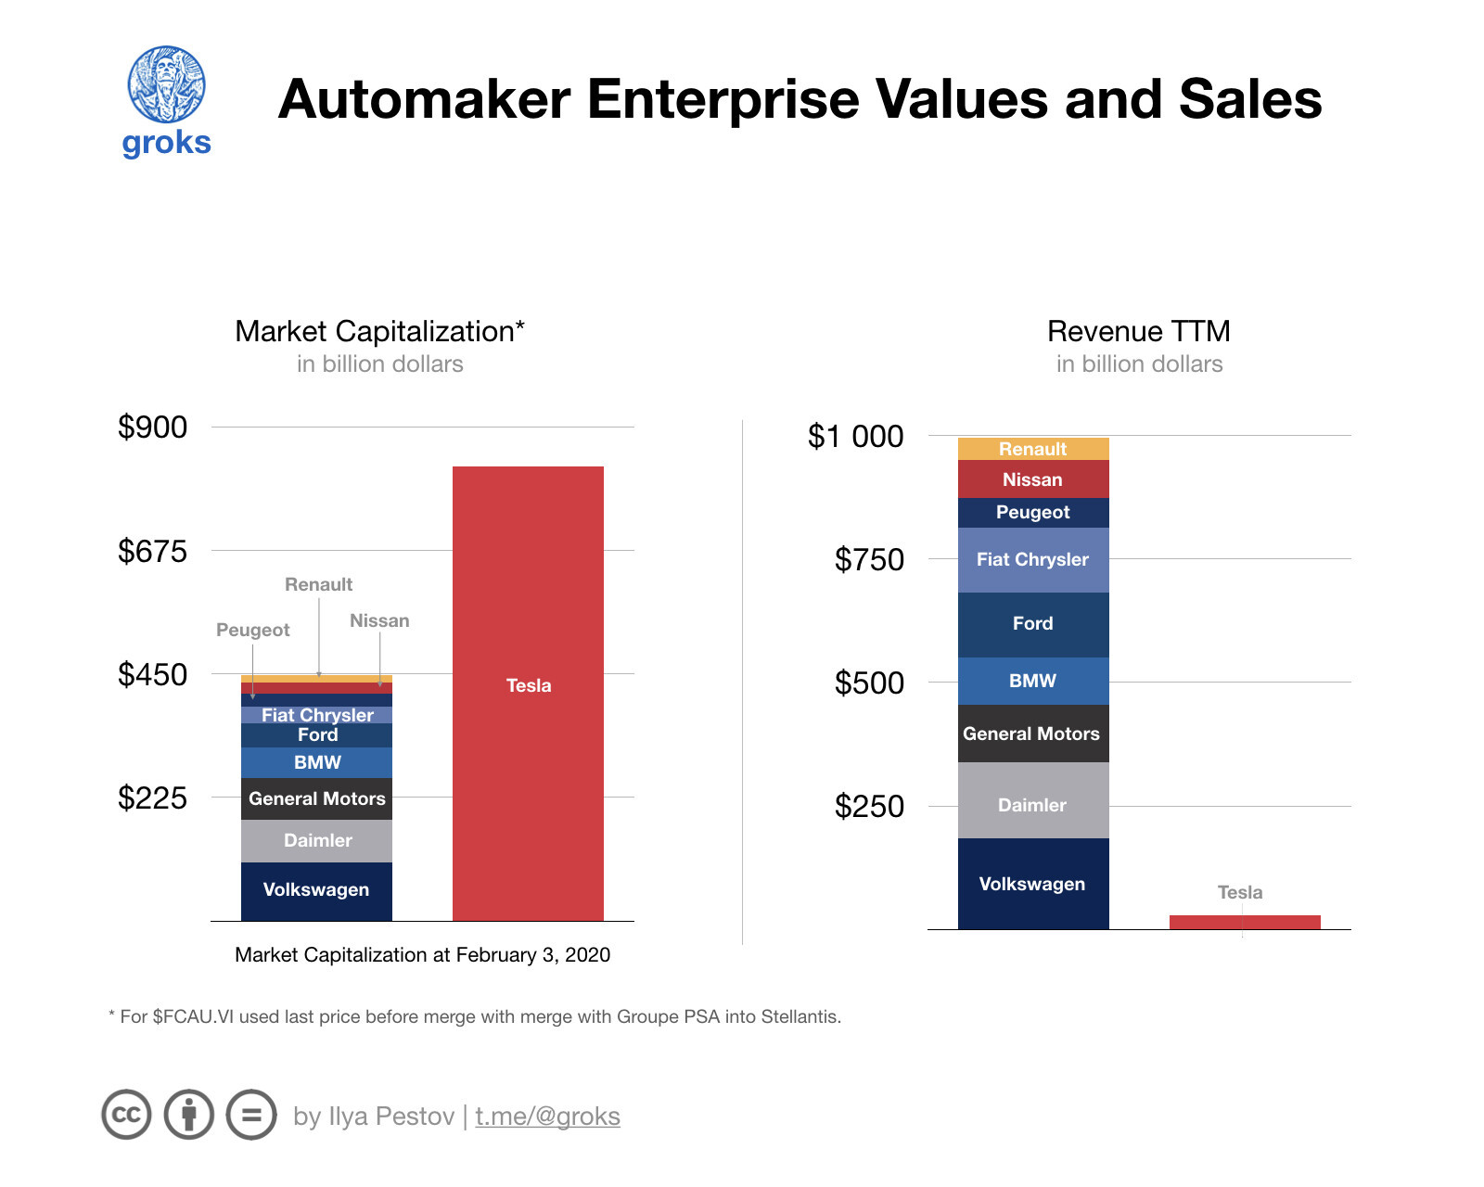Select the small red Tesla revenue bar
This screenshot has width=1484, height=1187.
click(x=1245, y=922)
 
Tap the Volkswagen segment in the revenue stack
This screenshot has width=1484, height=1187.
click(x=1033, y=884)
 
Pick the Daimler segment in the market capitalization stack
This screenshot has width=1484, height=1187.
click(x=316, y=840)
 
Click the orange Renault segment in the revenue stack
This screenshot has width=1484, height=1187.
click(x=1033, y=449)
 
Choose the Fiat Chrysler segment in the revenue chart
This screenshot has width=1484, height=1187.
click(x=1033, y=559)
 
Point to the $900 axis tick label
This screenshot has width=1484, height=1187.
click(x=152, y=428)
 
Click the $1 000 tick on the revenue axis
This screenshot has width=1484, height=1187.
click(x=855, y=436)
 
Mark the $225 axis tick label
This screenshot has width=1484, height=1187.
click(x=152, y=798)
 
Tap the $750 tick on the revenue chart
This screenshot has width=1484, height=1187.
click(x=868, y=559)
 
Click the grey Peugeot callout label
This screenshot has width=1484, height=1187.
click(x=252, y=630)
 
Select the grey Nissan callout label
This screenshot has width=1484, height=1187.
click(x=379, y=620)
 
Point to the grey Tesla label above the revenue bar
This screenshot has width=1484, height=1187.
click(x=1240, y=892)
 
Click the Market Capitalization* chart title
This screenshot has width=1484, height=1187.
click(x=379, y=331)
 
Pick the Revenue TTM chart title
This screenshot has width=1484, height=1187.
click(x=1138, y=331)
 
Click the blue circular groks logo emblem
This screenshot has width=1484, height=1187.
click(x=167, y=84)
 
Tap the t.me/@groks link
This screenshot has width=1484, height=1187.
click(x=547, y=1116)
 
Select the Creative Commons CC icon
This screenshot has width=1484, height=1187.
click(x=126, y=1114)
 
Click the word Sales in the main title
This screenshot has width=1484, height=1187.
click(x=1249, y=99)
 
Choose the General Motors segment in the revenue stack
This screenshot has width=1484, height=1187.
click(x=1033, y=734)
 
